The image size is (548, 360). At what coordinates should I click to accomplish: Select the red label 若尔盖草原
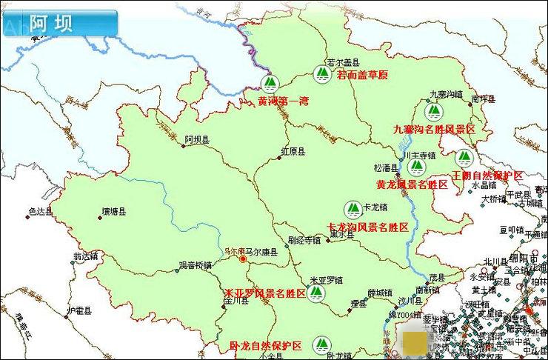(362, 76)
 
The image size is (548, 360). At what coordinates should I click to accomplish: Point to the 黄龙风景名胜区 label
(412, 184)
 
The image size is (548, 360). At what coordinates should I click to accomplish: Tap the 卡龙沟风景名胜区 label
(368, 227)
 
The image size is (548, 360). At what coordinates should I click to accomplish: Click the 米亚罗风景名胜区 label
(265, 294)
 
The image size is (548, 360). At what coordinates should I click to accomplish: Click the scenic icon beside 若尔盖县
(321, 73)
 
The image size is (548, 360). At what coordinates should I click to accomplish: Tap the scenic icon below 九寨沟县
(436, 113)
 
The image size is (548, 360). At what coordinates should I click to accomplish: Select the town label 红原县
(293, 151)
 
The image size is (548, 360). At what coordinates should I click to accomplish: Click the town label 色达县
(40, 211)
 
